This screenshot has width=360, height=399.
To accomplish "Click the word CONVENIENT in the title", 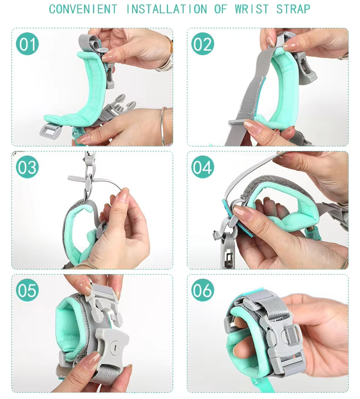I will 82,9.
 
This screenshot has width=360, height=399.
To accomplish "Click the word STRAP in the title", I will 293,9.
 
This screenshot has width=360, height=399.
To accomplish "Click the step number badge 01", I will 27,44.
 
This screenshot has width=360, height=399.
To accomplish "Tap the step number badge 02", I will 202,44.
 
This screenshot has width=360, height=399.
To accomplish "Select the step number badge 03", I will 27,167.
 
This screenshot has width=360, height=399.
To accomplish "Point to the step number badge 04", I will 202,167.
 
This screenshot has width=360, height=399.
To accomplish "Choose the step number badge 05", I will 27,290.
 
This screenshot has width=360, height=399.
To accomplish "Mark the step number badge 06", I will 202,290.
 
